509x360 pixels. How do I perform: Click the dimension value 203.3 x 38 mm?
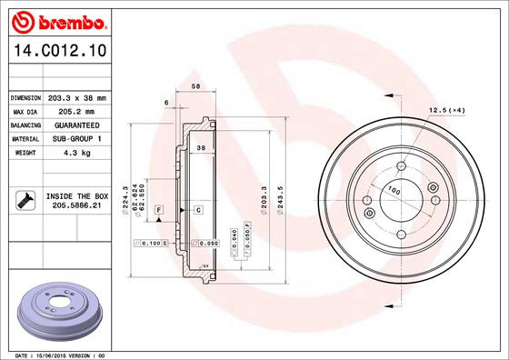click(76, 97)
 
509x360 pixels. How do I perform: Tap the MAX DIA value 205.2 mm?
click(76, 111)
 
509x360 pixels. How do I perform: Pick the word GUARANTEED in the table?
click(76, 125)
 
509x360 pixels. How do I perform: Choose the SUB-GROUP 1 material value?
click(76, 138)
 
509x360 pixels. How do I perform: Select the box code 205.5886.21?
click(76, 205)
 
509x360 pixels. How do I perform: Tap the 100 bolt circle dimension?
click(394, 191)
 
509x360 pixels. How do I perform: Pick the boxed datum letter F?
click(159, 210)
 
